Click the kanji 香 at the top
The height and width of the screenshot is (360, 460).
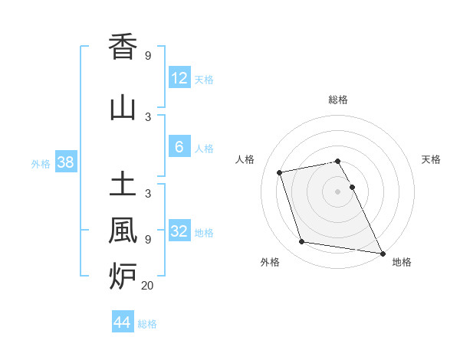[123, 47]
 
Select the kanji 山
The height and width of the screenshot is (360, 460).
[123, 109]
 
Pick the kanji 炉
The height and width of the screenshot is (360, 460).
[123, 274]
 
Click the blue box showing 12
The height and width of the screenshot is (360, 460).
[179, 78]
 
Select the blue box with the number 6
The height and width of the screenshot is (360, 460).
[179, 147]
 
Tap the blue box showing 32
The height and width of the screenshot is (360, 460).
[179, 231]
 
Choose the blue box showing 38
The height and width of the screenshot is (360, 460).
[65, 162]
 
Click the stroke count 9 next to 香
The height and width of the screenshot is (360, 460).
[147, 56]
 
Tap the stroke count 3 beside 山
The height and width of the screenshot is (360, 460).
[147, 116]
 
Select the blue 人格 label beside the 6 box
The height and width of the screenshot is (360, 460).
[204, 149]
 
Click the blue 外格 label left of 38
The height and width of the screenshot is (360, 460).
[41, 163]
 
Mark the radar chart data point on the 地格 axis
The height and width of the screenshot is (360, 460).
[382, 253]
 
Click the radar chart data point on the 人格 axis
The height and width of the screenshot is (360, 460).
[280, 172]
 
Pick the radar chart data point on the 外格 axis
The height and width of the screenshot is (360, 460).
[302, 242]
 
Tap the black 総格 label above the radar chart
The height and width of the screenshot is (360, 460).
[337, 100]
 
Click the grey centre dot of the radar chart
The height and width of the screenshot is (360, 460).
[337, 191]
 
